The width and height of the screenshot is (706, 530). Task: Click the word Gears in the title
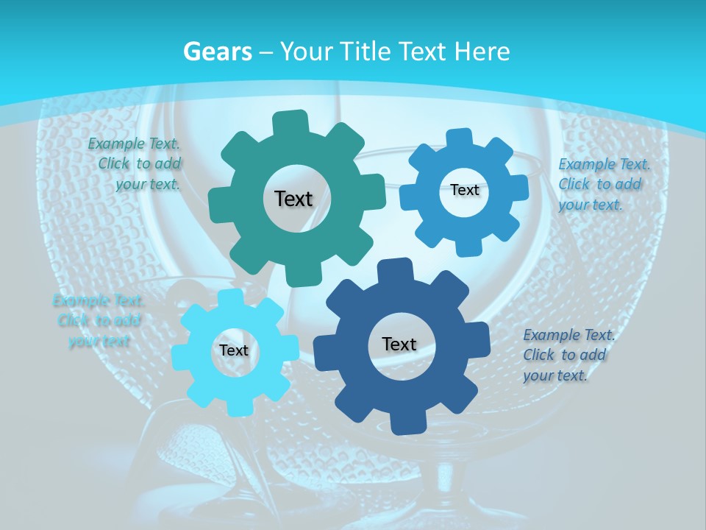point(217,52)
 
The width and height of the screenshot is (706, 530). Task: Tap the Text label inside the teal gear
point(293,199)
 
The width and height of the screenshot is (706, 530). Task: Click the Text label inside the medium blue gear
point(464,190)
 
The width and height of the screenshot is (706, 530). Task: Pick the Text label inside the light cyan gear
point(233,350)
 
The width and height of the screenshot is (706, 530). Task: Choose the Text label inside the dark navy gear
point(399,344)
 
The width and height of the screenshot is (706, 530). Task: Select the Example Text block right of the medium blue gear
point(603,184)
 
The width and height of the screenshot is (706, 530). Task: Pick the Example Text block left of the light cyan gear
point(98,320)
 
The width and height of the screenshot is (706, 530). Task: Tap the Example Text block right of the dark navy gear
point(568,355)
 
